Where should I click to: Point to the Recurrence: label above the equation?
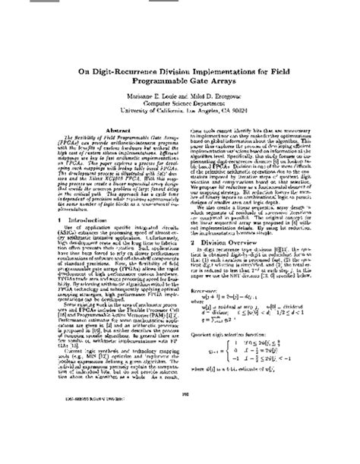click(204, 331)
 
